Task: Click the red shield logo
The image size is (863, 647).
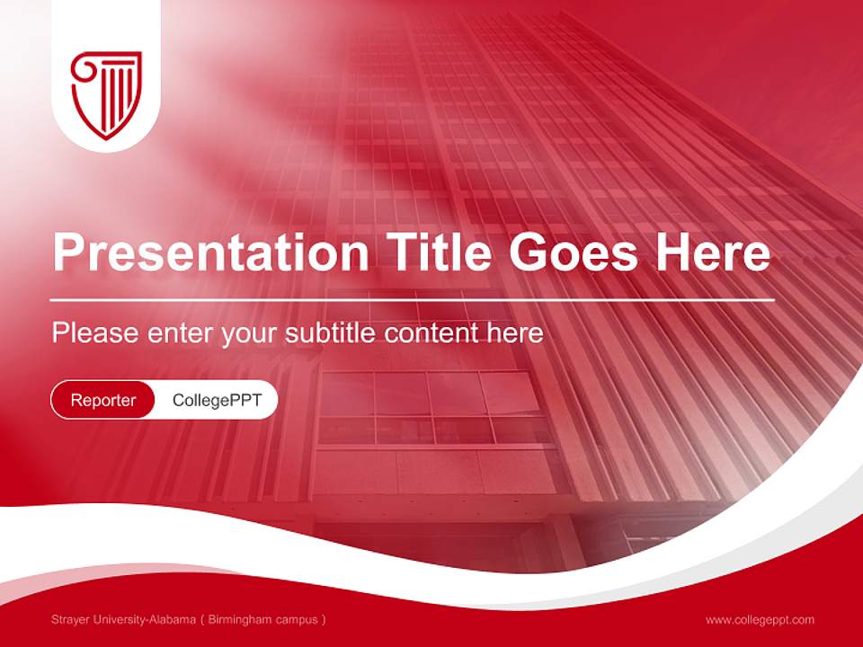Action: coord(106,93)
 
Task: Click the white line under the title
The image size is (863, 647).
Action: coord(413,299)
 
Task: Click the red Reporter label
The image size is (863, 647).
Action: coord(103,400)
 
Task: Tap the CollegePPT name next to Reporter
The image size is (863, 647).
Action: coord(216,400)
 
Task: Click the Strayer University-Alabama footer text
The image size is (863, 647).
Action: coord(122,620)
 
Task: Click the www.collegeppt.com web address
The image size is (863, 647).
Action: coord(760,620)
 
